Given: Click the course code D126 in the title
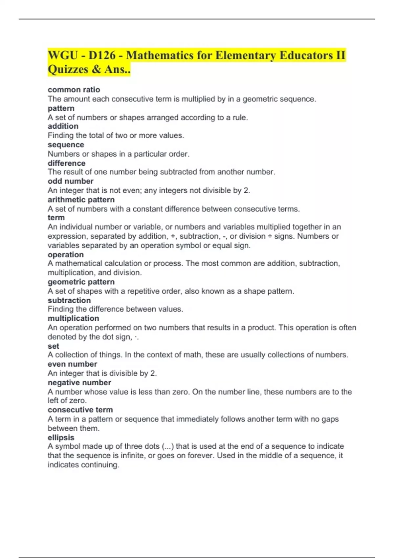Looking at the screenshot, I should click(102, 55).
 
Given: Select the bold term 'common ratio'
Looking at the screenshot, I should click(74, 90).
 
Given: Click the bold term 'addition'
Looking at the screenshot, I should click(63, 126).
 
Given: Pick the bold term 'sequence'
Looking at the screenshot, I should click(66, 145).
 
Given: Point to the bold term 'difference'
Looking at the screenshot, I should click(66, 163).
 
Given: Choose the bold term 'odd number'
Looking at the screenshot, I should click(71, 181).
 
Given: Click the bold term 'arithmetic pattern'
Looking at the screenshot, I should click(81, 200).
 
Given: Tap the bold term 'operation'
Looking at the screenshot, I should click(66, 255).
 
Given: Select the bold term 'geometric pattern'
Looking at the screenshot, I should click(81, 282).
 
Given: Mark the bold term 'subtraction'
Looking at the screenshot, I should click(69, 300).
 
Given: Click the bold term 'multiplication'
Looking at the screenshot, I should click(73, 318).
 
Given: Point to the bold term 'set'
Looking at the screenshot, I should click(53, 346).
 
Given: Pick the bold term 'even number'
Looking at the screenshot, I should click(72, 364).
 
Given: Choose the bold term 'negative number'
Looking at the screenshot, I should click(79, 383).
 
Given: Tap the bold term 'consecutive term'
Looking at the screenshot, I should click(80, 410).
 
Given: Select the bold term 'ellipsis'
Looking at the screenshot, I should click(61, 438).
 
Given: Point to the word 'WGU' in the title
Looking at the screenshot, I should click(63, 55).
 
